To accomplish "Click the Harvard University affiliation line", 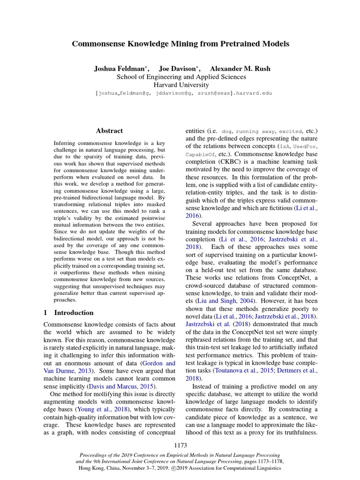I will point(180,85).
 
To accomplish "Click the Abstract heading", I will point(109,131).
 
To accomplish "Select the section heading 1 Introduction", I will point(68,313).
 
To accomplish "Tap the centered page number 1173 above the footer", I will point(180,444).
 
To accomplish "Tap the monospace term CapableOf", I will point(198,154).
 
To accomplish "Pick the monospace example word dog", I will point(226,132).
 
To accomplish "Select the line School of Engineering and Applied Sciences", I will point(180,77).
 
